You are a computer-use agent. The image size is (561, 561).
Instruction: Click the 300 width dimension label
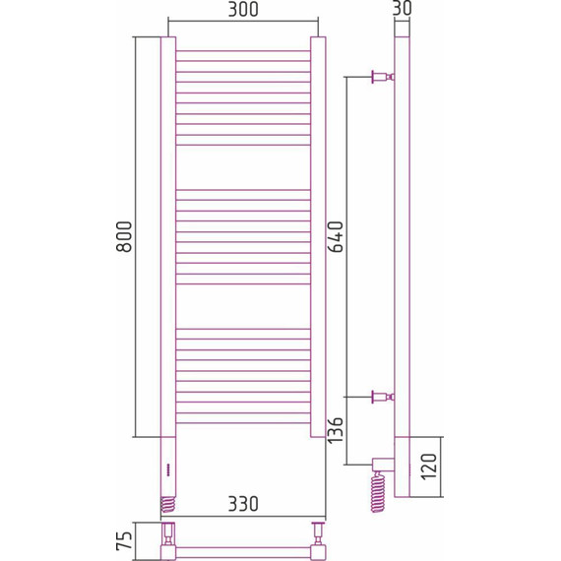point(242,11)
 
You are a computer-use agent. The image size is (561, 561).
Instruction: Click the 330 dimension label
point(242,504)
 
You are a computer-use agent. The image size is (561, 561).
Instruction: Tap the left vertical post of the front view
point(168,236)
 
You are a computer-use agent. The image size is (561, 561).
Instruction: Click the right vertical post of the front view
point(317,236)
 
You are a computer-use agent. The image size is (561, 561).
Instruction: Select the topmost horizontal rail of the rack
point(242,50)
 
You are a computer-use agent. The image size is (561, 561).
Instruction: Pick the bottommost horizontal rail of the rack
point(242,423)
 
